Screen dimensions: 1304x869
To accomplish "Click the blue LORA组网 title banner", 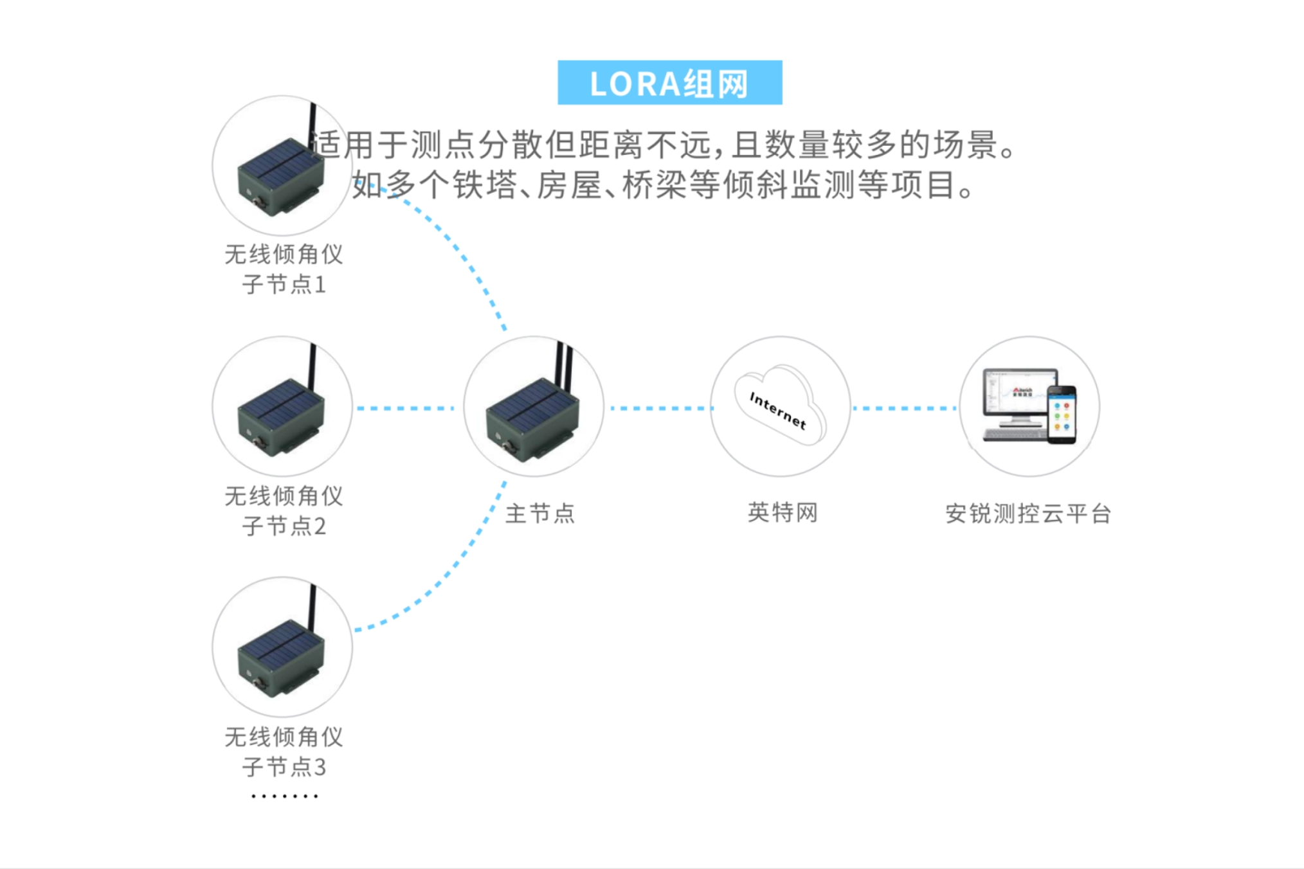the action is point(669,82).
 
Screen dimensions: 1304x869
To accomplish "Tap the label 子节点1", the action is point(284,284).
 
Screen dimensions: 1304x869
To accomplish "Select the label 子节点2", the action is point(284,526).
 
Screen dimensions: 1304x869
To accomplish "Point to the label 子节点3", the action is point(284,767).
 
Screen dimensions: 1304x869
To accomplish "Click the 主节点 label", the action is point(540,513).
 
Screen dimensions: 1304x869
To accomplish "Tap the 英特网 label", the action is point(783,512).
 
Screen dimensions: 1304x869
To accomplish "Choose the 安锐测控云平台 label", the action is point(1028,514).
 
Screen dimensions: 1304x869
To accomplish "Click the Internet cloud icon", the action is point(780,405).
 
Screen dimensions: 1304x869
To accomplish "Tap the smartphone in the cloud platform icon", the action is point(1062,415).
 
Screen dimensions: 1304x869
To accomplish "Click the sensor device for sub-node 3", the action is point(281,650).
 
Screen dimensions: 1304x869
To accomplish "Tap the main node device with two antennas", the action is point(532,408).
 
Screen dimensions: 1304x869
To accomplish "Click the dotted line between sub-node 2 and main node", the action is point(405,408).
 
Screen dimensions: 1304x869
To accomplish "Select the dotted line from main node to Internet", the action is point(662,408).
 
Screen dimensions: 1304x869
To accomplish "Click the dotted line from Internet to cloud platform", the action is point(904,408).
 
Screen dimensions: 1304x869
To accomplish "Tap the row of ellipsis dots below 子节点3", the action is point(284,796).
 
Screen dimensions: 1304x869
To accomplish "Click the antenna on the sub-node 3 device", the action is point(312,607).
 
